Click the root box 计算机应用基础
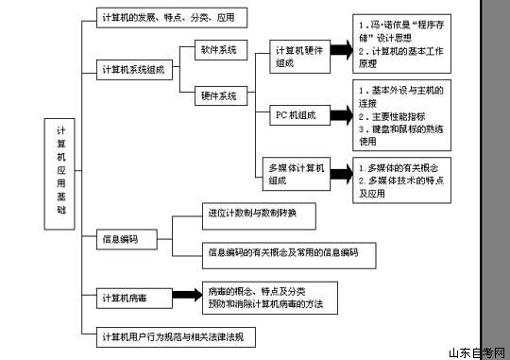point(61,172)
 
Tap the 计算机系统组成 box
point(138,70)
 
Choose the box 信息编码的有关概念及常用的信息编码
point(289,252)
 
